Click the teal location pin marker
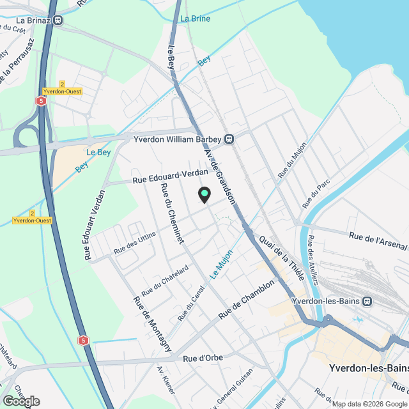coord(204,194)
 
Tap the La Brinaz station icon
coord(58,20)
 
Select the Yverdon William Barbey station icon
coord(228,139)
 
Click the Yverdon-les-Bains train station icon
coord(367,302)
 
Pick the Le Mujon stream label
coord(222,263)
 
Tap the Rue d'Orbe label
coord(203,358)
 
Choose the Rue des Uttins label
coord(134,243)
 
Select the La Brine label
coord(195,19)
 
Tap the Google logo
coord(21,401)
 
